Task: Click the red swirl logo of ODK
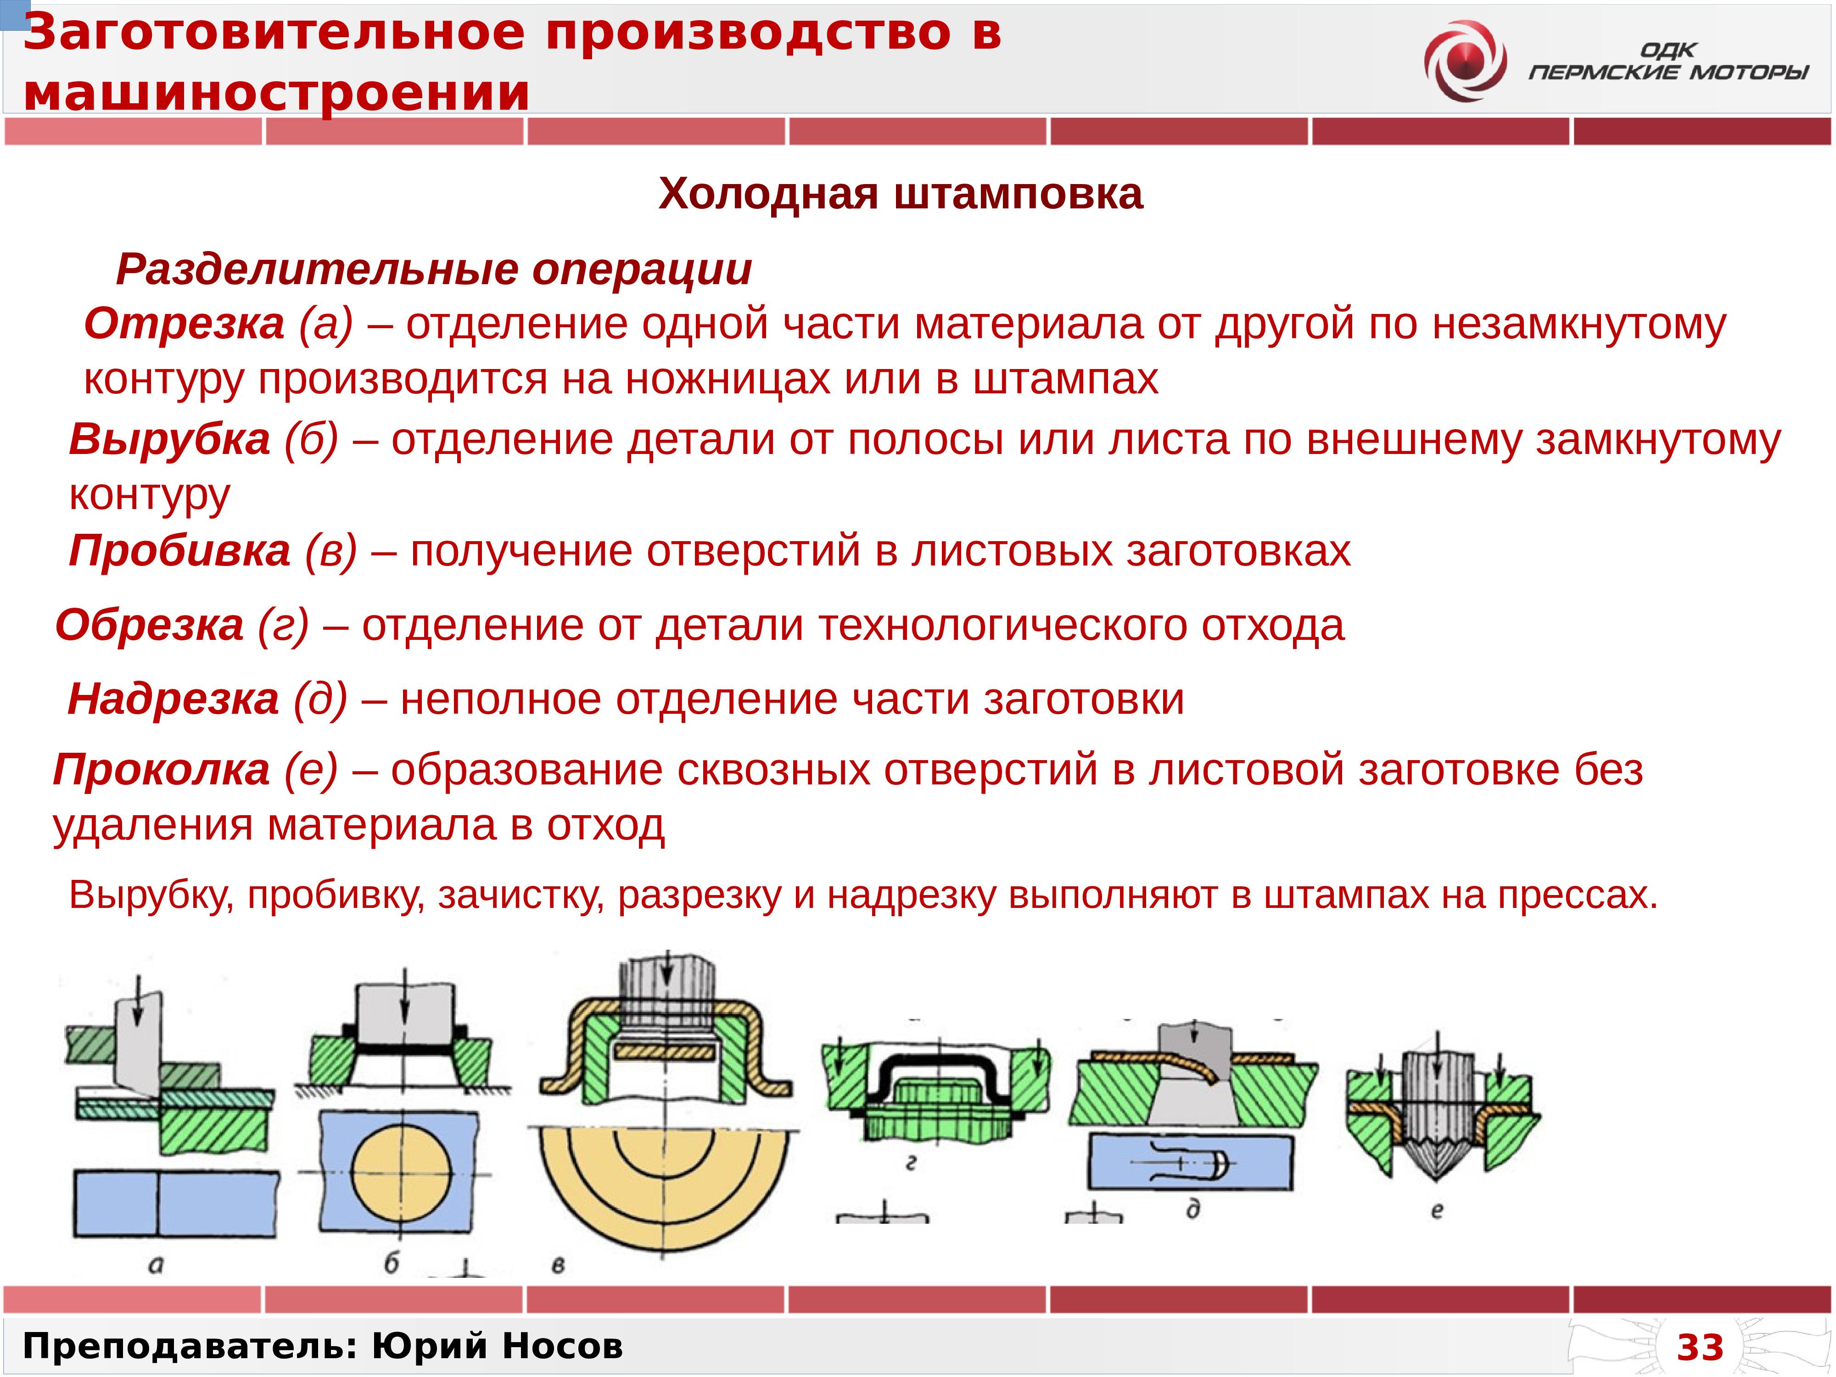tap(1465, 62)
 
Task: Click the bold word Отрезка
tap(184, 324)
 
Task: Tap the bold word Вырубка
tap(169, 439)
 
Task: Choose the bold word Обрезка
tap(149, 625)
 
